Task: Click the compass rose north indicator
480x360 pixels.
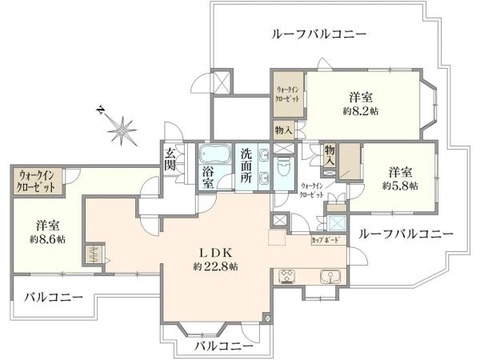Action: click(122, 126)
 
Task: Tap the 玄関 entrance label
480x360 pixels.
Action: click(171, 158)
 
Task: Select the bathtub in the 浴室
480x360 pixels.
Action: click(214, 154)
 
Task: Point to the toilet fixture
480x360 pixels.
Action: click(283, 170)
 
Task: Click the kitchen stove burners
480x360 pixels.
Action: click(288, 277)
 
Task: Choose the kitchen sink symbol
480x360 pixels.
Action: click(328, 277)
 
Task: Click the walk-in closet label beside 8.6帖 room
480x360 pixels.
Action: click(37, 181)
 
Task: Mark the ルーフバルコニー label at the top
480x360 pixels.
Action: click(319, 34)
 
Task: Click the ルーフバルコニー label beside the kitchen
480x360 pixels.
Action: click(406, 234)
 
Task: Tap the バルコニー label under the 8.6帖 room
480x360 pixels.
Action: click(53, 297)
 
